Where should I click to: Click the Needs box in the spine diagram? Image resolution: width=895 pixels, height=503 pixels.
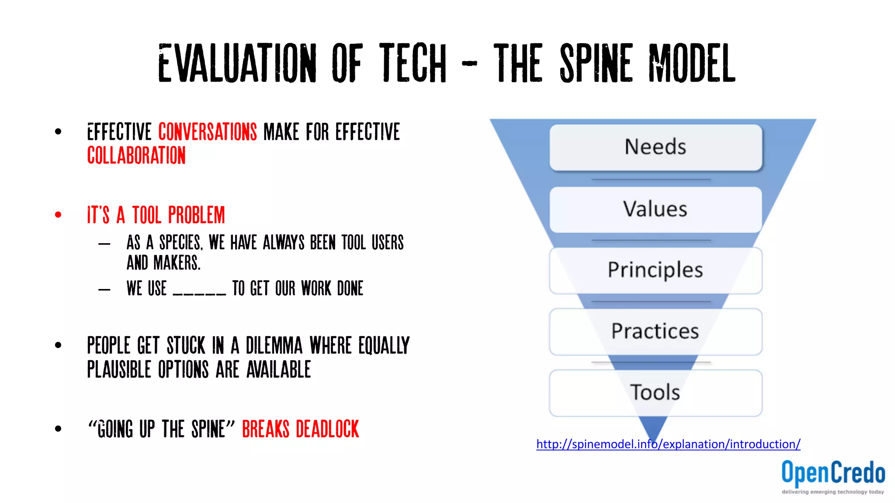coord(656,147)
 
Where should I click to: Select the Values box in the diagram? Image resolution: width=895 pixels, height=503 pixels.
coord(656,209)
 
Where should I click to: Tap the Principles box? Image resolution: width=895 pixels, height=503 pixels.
coord(656,270)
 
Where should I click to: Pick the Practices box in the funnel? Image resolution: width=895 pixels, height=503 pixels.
coord(656,331)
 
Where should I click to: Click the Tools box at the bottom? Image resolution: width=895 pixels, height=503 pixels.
coord(656,393)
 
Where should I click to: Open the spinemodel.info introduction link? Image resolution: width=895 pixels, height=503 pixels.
coord(668,444)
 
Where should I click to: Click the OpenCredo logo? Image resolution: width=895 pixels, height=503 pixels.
coord(833,473)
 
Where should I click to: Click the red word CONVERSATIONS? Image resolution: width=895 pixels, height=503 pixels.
coord(208,132)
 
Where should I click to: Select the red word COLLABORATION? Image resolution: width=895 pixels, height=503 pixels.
coord(136,156)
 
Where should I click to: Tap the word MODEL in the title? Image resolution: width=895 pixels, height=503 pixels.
coord(692,64)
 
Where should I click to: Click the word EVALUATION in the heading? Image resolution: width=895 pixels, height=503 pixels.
coord(237,64)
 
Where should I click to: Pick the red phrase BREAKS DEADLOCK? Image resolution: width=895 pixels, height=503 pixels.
coord(300,429)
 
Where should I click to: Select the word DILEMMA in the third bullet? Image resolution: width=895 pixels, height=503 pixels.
coord(274,346)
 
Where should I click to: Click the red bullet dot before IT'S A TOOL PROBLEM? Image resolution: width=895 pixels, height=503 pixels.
coord(58,215)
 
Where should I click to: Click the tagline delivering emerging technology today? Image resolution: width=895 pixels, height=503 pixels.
coord(833,492)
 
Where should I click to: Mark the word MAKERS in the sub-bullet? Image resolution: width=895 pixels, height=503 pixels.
coord(177,263)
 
